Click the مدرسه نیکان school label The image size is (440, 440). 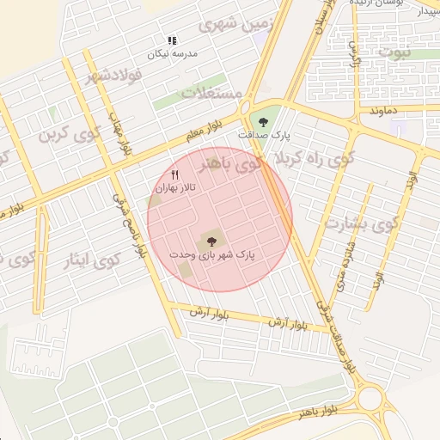(173, 53)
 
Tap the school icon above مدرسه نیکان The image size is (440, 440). (172, 40)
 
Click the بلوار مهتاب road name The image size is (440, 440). (119, 134)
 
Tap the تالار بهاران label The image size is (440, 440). (175, 187)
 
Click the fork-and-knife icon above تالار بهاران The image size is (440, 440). (175, 175)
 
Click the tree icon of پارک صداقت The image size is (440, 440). (261, 121)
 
